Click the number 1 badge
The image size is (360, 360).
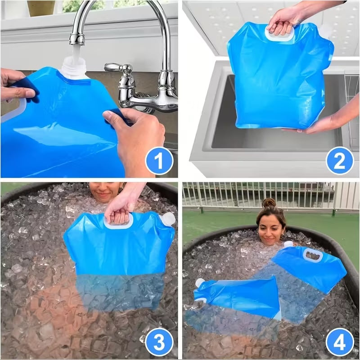[x=159, y=161]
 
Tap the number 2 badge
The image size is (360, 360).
[x=340, y=161]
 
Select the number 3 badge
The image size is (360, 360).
[x=159, y=342]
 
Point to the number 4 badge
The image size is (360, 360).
[x=340, y=342]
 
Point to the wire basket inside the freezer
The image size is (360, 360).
[x=352, y=110]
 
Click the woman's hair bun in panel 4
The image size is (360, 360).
[x=269, y=203]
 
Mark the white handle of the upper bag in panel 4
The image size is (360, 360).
[x=313, y=255]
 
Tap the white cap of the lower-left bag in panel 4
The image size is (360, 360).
[x=199, y=283]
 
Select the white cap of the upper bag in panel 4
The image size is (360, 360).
[x=288, y=244]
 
